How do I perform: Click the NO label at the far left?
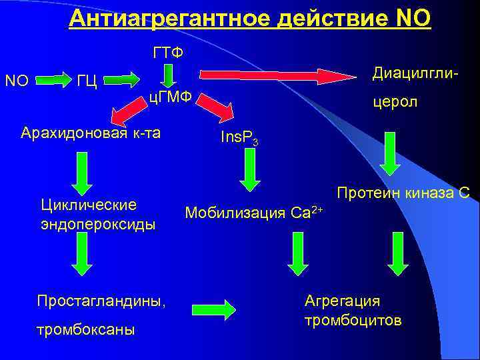coord(16,81)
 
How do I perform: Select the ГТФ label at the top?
coord(169,52)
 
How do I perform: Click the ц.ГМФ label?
coord(169,98)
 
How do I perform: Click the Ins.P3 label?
coord(239,139)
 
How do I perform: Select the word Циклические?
coord(89,204)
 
